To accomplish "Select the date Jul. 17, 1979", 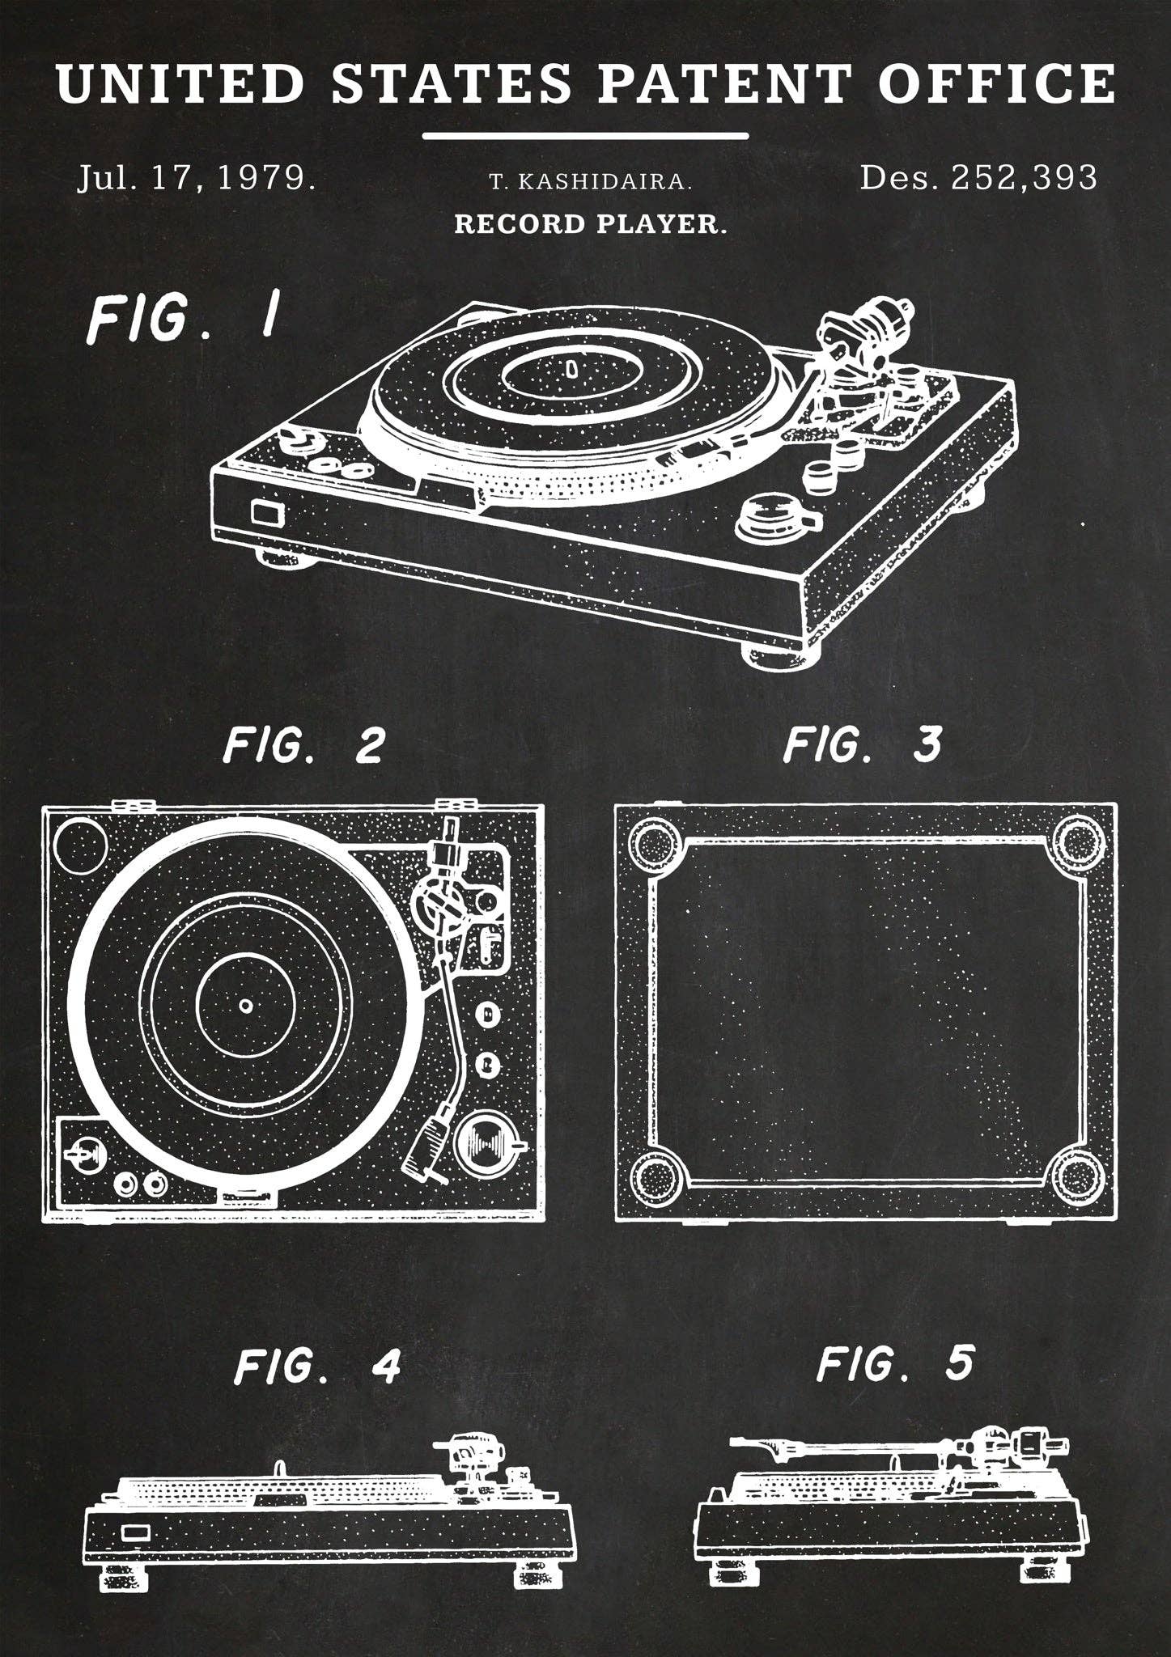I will (x=197, y=177).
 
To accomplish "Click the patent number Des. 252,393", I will (x=978, y=177).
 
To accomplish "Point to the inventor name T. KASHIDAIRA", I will (x=591, y=183).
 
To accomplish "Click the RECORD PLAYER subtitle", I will (x=591, y=223).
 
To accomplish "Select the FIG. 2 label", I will (x=303, y=745).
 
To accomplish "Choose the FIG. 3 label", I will (x=863, y=745).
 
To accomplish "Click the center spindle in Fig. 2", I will (x=245, y=1006).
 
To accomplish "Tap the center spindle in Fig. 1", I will (x=571, y=369).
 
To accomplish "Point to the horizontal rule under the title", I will (x=585, y=136).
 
